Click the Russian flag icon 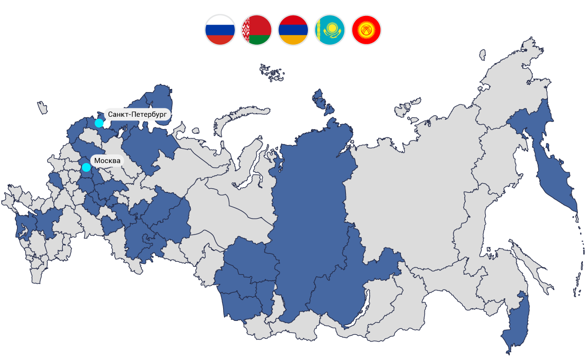(220, 30)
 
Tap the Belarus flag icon (257, 30)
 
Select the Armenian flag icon (293, 30)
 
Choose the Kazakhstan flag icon (329, 30)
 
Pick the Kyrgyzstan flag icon (366, 30)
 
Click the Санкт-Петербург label (137, 114)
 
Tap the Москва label (107, 161)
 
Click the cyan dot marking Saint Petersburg (99, 123)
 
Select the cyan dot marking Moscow (86, 167)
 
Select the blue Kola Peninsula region (159, 103)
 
